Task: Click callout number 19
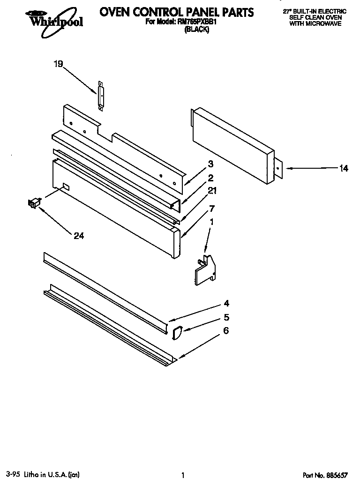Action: (x=58, y=65)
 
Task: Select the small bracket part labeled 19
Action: (x=100, y=96)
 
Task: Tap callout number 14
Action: (x=344, y=169)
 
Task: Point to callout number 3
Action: (x=210, y=164)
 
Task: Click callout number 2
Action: (x=210, y=178)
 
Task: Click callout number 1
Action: (x=210, y=223)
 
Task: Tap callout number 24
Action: (x=78, y=236)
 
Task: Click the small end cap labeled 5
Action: (x=177, y=333)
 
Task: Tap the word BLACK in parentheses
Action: (x=196, y=30)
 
